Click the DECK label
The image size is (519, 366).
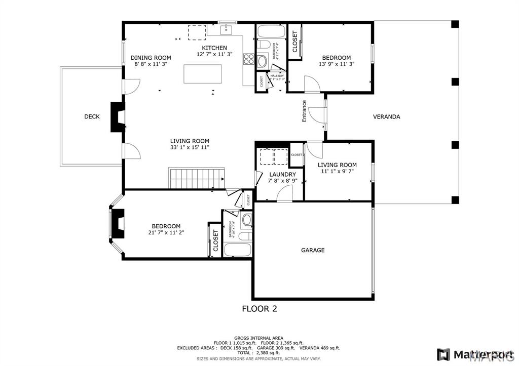92,117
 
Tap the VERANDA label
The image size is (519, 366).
386,117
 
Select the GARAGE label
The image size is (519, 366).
313,250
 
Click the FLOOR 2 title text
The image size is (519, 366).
259,308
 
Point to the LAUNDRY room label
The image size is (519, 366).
282,175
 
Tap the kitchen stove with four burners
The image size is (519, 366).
248,59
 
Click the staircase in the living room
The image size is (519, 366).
197,179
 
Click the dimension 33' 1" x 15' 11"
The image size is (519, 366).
190,147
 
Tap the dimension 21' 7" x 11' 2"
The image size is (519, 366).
166,233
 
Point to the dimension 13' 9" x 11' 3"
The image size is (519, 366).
336,64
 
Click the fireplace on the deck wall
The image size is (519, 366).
118,117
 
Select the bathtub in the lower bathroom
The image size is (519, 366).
238,250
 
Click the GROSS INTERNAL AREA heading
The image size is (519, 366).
258,338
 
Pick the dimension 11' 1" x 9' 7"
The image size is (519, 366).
337,172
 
